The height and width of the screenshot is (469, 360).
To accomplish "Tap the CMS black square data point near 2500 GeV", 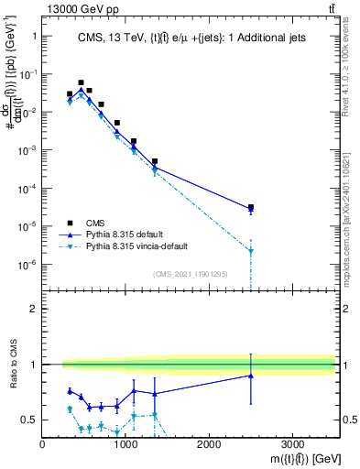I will pos(251,207).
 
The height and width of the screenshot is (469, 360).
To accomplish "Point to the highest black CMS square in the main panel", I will pos(81,82).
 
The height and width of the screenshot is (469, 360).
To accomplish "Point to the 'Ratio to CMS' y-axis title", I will pos(12,378).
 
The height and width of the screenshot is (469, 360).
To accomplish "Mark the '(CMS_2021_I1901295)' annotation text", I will pos(190,274).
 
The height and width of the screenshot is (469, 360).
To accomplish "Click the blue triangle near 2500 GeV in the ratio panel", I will pos(251,376).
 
